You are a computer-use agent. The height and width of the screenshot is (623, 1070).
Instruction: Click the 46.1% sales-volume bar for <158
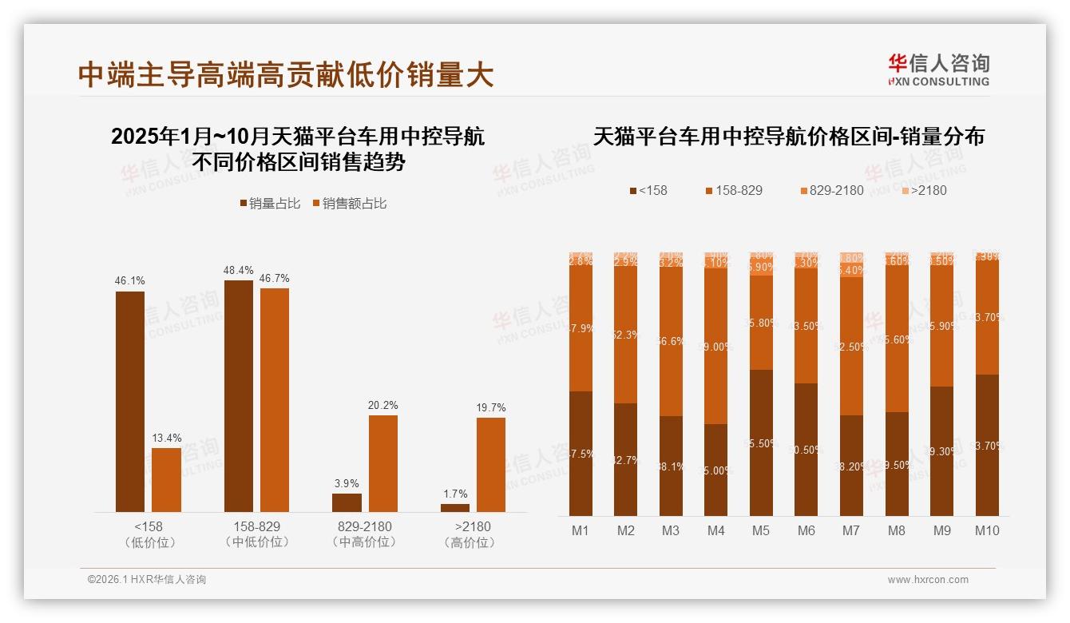coord(130,402)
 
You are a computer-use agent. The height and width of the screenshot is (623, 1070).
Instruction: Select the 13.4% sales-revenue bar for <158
coord(166,480)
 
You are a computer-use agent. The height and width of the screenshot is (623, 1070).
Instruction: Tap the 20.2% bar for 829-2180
coord(382,464)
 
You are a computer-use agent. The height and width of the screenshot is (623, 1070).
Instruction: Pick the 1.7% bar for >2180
coord(455,508)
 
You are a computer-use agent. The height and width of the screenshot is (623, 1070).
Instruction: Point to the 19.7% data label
coord(490,408)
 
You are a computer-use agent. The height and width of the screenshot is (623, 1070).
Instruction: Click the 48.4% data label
coord(239,271)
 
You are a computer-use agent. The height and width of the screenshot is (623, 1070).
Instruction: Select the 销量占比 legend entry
coord(270,204)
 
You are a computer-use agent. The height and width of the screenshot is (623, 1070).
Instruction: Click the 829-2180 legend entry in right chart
coord(831,191)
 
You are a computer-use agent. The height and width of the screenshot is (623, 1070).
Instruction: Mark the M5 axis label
coord(761,530)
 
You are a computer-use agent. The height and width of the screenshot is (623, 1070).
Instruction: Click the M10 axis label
coord(987,530)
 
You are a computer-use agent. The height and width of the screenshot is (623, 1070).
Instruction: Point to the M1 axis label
coord(581,530)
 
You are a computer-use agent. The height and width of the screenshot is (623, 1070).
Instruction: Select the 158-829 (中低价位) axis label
coord(257,534)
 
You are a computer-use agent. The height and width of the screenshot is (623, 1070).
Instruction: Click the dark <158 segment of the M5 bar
coord(761,442)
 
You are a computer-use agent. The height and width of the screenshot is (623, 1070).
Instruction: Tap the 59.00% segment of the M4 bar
coord(716,346)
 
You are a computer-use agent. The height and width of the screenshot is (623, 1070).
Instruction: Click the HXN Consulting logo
coord(938,70)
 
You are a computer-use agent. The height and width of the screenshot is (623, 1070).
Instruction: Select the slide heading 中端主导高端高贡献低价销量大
coord(286,75)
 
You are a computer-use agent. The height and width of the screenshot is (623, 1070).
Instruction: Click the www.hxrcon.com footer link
coord(928,580)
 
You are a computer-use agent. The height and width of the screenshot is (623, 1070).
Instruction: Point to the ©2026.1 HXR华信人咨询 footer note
coord(147,580)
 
